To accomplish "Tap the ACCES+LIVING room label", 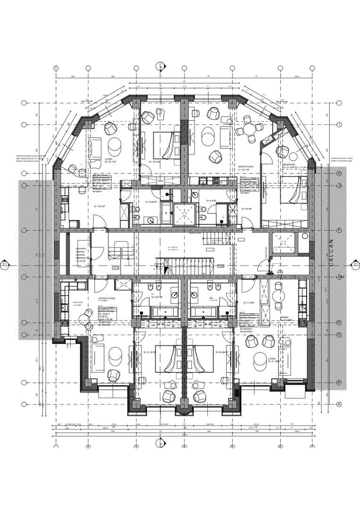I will pos(106,298).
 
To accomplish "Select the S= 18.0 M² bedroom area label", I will pos(156,162).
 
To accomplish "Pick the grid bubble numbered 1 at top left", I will pos(56,68).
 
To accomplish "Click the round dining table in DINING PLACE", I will pos(245,131).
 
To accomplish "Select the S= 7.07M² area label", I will pos(248,302).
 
